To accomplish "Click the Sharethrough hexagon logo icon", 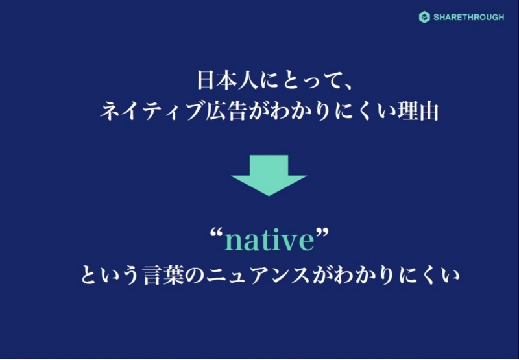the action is pyautogui.click(x=424, y=18).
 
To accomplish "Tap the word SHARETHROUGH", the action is pyautogui.click(x=468, y=18).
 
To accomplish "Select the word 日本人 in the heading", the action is pyautogui.click(x=228, y=80).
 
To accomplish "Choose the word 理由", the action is pyautogui.click(x=420, y=111).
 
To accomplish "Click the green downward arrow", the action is pyautogui.click(x=269, y=175).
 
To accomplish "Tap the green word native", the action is pyautogui.click(x=269, y=240).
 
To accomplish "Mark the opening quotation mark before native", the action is pyautogui.click(x=217, y=234).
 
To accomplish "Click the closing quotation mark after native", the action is pyautogui.click(x=322, y=234).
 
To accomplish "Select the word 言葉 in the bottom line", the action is pyautogui.click(x=164, y=275).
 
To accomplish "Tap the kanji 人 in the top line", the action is pyautogui.click(x=248, y=80).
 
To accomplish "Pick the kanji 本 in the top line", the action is pyautogui.click(x=228, y=80).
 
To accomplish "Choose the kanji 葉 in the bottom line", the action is pyautogui.click(x=175, y=275).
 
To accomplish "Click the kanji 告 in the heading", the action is pyautogui.click(x=237, y=111).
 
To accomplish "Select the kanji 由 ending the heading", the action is pyautogui.click(x=430, y=111).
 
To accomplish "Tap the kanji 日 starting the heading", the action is pyautogui.click(x=207, y=80).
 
